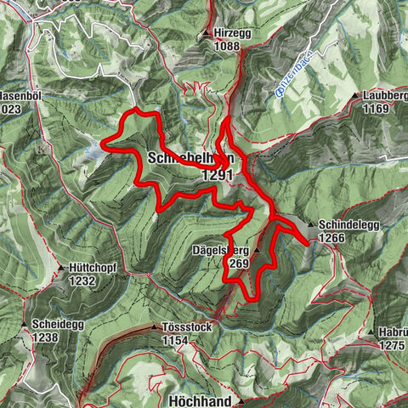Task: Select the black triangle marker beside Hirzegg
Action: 207,34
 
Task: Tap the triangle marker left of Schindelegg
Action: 311,225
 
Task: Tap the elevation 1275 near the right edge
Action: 392,345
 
